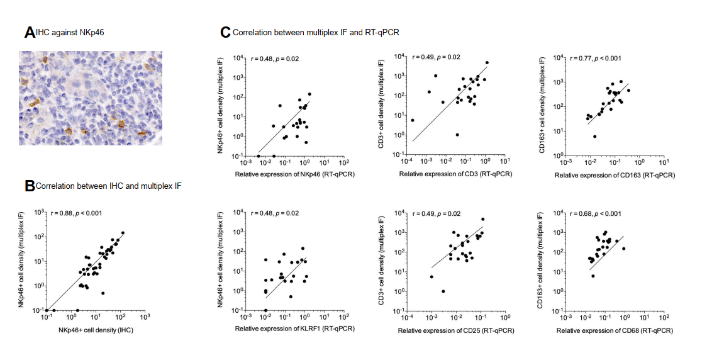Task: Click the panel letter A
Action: [x=29, y=33]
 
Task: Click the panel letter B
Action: [x=29, y=186]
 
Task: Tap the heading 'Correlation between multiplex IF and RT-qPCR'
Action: [x=316, y=32]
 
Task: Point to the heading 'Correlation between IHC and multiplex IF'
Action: [x=109, y=186]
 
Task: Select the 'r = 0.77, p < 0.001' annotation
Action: [x=596, y=59]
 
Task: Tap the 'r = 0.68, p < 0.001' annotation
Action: [x=596, y=213]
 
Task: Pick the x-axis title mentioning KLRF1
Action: [x=294, y=329]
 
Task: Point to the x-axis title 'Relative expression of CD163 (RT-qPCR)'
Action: [x=615, y=174]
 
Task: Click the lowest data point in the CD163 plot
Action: [x=594, y=137]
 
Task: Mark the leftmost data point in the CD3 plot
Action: [x=413, y=120]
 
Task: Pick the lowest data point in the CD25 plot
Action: [x=444, y=291]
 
